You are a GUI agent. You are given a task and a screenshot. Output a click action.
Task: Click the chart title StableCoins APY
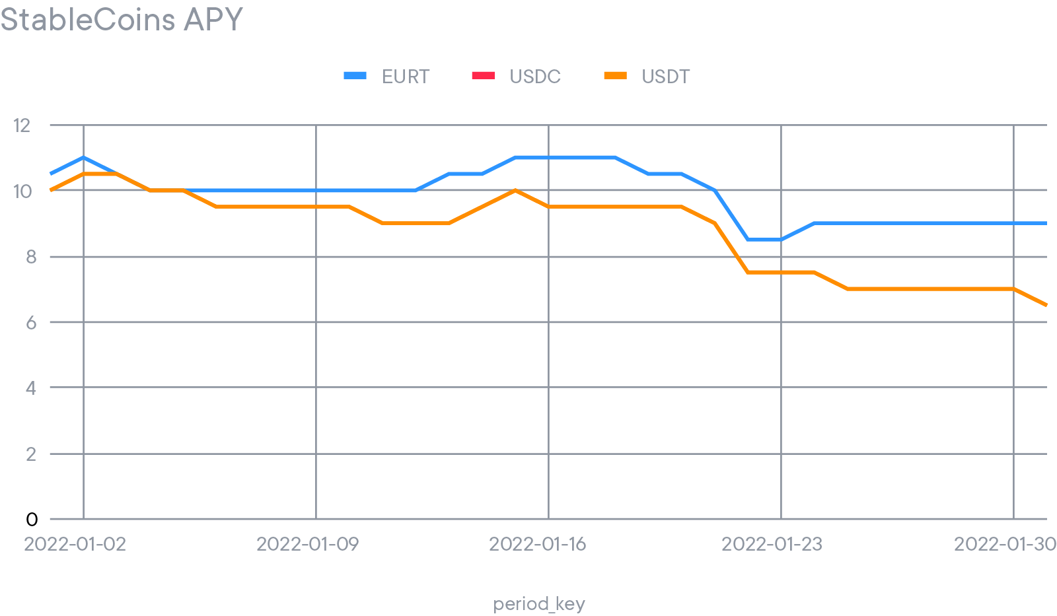click(122, 19)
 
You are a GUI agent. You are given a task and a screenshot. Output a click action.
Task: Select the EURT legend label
click(406, 77)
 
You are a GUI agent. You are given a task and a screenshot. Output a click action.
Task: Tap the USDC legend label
click(535, 77)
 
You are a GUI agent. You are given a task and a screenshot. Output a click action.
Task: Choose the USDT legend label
click(665, 77)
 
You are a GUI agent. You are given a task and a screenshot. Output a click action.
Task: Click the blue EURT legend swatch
click(355, 76)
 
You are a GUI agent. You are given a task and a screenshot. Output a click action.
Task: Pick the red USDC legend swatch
click(483, 76)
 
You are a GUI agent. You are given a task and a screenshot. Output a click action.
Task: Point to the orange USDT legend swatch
click(615, 76)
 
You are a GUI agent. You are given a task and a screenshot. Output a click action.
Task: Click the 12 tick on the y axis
click(22, 125)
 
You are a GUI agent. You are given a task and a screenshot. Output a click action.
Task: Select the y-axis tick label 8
click(30, 257)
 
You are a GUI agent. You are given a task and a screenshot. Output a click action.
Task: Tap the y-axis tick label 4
click(30, 388)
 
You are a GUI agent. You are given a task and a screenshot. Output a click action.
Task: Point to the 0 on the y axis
click(31, 520)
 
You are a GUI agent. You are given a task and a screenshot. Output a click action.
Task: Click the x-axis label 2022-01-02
click(75, 544)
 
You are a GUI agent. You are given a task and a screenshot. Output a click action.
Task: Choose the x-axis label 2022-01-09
click(307, 544)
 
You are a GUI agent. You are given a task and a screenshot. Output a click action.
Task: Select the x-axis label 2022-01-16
click(537, 544)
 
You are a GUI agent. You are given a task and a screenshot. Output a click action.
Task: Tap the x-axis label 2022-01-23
click(772, 544)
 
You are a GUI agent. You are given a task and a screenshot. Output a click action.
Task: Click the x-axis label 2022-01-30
click(1004, 544)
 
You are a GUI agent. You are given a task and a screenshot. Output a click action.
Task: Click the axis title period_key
click(539, 604)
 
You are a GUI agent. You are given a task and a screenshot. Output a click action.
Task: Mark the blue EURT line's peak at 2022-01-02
click(83, 158)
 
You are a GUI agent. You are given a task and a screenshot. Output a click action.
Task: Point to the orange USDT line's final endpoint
click(1046, 305)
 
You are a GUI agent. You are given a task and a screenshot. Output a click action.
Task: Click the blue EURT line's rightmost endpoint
click(1046, 223)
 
